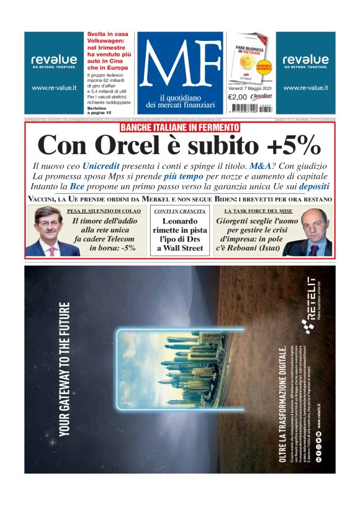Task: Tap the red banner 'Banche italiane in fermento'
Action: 179,128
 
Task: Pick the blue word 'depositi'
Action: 313,186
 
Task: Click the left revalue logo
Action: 54,60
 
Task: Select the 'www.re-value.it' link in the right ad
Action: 305,88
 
